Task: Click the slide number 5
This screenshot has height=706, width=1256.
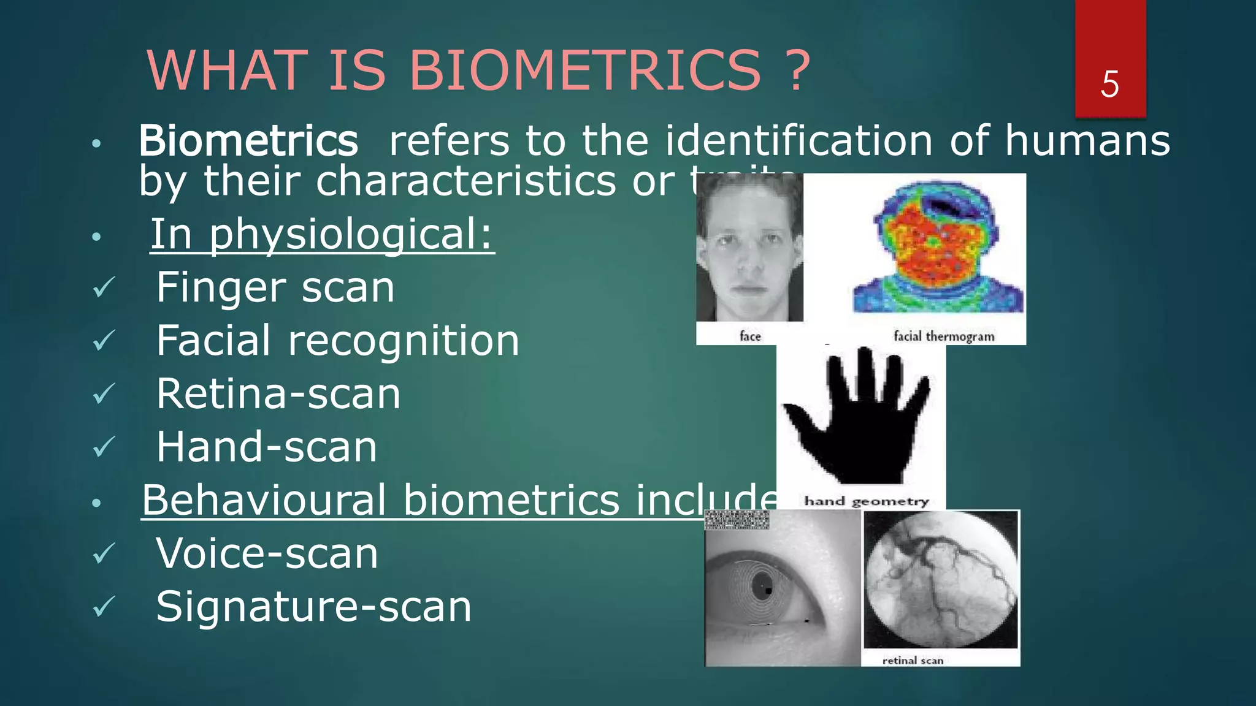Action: click(x=1109, y=84)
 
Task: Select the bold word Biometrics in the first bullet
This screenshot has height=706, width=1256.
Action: click(x=248, y=141)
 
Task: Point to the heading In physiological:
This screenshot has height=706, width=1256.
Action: click(x=322, y=234)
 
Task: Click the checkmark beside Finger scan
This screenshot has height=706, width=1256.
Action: click(x=104, y=287)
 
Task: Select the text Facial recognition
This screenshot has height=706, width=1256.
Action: click(x=337, y=341)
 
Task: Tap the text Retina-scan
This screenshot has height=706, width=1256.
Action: click(x=278, y=394)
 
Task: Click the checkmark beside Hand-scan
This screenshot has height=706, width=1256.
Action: click(x=104, y=447)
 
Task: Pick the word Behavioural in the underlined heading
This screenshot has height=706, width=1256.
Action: click(x=264, y=500)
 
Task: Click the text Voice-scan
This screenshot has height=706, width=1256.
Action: click(x=267, y=554)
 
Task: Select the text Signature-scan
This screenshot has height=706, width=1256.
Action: click(x=313, y=607)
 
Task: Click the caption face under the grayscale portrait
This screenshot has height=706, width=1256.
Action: click(x=750, y=336)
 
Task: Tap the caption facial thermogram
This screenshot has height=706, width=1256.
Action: click(x=944, y=336)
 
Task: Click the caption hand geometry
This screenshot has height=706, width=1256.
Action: click(x=867, y=501)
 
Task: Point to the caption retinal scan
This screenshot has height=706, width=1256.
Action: click(x=913, y=660)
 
